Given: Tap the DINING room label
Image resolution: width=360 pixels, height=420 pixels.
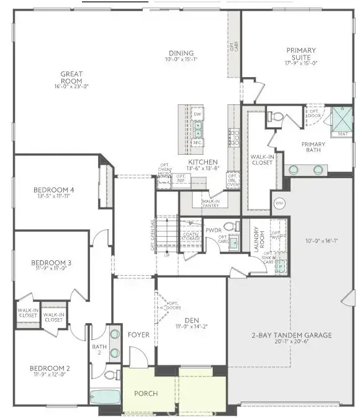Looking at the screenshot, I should point(181,53).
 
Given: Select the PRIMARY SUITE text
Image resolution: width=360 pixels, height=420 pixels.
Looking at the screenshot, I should point(301,50).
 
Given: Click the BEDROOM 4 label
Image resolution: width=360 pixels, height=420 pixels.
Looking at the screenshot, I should point(54,189).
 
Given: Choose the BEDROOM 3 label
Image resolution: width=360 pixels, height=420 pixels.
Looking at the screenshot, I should point(51,263).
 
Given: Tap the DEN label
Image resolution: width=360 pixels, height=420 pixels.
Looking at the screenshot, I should point(186,319).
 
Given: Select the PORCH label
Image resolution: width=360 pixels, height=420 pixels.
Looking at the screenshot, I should point(146,393).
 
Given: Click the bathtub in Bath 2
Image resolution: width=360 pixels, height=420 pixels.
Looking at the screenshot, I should point(106,397).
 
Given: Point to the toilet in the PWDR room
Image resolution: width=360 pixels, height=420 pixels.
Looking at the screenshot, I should point(229,226).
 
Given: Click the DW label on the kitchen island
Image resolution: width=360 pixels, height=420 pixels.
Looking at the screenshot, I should point(197,114).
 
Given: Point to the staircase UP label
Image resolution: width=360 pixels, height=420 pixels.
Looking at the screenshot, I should point(166,255).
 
